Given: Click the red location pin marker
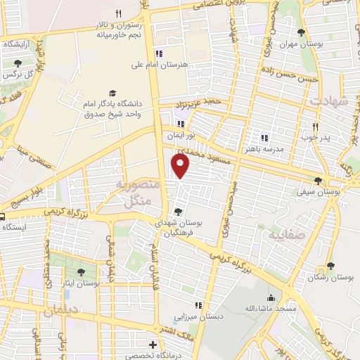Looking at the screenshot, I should click(181, 166).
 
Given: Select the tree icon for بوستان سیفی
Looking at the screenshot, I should click(320, 180).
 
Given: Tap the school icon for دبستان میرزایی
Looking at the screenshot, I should click(198, 306).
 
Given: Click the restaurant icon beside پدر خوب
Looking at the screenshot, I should click(315, 127).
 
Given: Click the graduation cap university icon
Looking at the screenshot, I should click(112, 94).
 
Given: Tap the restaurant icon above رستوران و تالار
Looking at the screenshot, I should click(119, 13).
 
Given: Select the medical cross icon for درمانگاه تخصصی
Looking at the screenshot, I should click(153, 345).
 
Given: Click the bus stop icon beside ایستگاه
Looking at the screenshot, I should click(4, 217).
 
